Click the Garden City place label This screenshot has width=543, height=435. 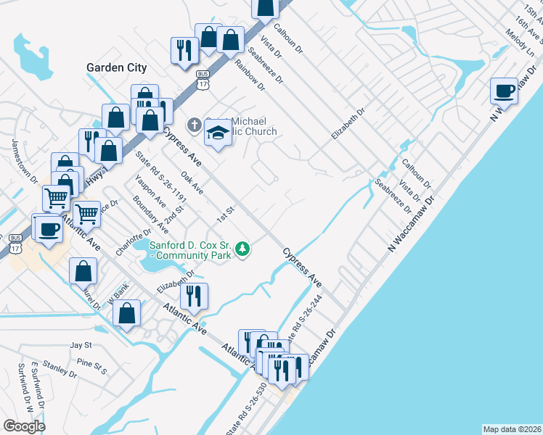[116, 67]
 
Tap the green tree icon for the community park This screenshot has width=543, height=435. [242, 250]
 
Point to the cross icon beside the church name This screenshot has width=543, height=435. [194, 125]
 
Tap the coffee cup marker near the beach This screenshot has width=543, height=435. [504, 91]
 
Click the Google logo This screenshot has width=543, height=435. [24, 426]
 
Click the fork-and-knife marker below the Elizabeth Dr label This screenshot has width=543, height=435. [193, 295]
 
